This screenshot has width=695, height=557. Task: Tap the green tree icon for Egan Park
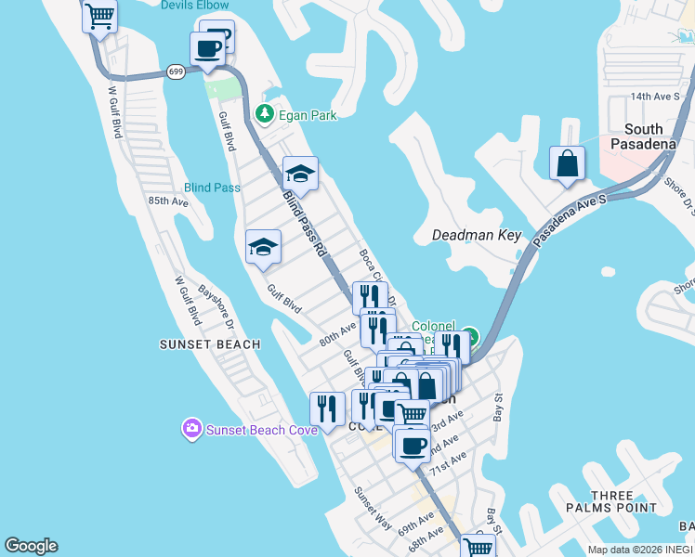point(265,114)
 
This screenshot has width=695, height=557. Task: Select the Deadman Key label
point(477,236)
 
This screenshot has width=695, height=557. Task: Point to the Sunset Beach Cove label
point(262,429)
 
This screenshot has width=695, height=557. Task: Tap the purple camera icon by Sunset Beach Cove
point(191,429)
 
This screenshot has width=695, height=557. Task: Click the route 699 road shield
point(177,71)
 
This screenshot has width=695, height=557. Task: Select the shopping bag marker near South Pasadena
point(567,164)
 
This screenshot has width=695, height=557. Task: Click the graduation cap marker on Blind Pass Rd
point(300,173)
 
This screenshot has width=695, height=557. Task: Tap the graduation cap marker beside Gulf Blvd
point(263,247)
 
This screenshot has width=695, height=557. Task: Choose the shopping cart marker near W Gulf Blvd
point(99,15)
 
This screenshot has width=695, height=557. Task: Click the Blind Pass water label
point(212,188)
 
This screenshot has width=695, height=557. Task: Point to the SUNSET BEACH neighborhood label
point(210,344)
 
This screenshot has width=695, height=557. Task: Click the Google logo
point(31,546)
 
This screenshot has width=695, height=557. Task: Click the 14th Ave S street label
point(656,96)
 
